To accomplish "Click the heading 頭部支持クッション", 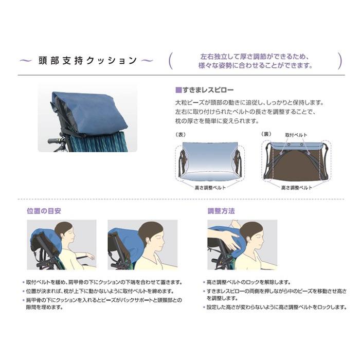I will pos(88,61).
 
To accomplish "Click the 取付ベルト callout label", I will pos(296,134).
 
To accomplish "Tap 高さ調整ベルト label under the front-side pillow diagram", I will pos(210,188).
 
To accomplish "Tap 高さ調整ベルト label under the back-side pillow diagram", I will pos(297,188).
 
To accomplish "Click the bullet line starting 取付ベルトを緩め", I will pos(103,282).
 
